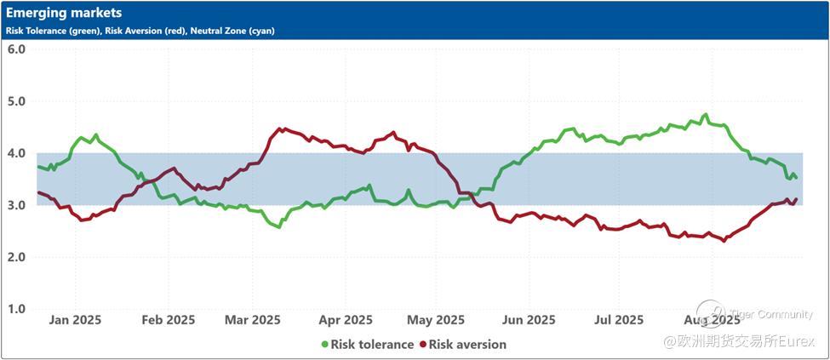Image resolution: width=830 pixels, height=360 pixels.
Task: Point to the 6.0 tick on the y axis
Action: coord(17,49)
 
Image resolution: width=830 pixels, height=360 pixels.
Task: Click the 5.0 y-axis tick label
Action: coord(17,101)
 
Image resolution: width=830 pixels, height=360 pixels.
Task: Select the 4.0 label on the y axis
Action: coord(17,153)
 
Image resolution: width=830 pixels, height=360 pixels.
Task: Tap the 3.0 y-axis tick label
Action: coord(17,205)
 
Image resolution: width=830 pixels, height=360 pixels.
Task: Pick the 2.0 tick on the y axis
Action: coord(17,257)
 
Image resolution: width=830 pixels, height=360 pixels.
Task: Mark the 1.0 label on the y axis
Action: coord(17,309)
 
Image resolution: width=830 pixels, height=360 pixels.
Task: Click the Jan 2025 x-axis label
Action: coord(75,320)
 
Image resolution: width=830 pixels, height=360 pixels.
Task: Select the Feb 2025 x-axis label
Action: coord(168,320)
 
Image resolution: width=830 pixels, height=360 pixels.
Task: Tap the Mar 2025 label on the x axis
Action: coord(253,320)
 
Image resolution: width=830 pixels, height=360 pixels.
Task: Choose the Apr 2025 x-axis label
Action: coord(346,320)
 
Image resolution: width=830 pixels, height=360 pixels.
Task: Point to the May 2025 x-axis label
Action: coord(437,320)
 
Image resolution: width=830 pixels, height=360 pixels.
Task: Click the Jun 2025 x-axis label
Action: coord(529,320)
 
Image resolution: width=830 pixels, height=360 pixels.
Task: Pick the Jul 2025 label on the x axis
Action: coord(618,320)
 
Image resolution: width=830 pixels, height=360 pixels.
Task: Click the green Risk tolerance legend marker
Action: coord(324,345)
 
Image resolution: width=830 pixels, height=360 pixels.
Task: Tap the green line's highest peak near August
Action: coord(705,115)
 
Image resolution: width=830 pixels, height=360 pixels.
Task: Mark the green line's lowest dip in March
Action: coord(278,227)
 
